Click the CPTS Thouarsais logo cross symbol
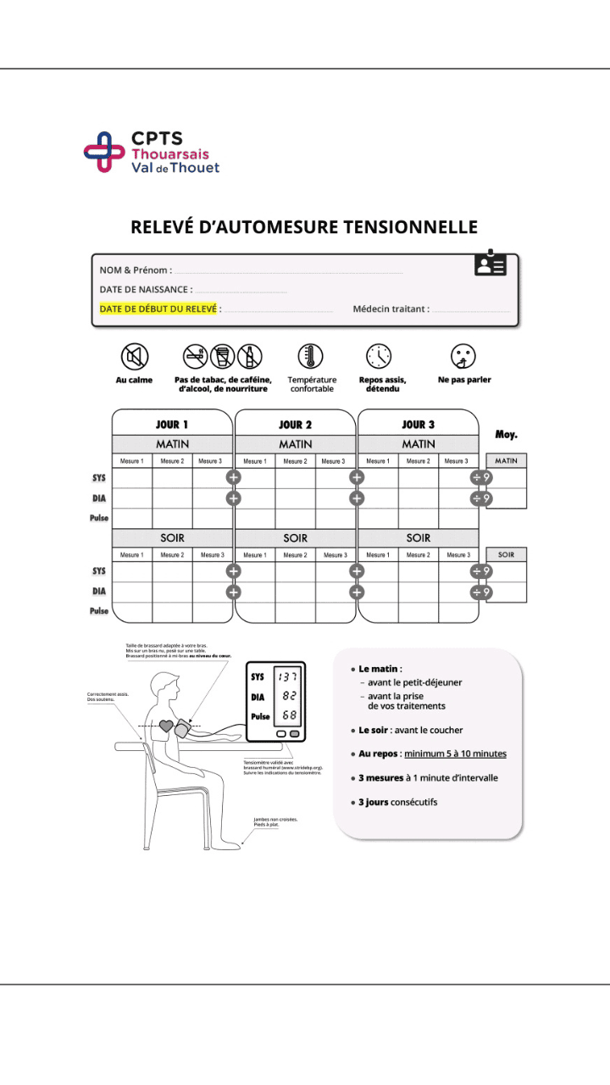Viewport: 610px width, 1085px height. pos(104,152)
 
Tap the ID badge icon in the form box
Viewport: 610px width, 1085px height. pos(490,264)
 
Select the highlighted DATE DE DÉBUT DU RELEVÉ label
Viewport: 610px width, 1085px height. pos(158,309)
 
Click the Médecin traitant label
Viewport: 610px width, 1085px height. pos(391,309)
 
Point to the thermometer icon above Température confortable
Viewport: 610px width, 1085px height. pos(311,355)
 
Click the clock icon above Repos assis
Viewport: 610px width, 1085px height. pos(379,355)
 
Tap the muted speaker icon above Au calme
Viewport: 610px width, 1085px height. pos(134,355)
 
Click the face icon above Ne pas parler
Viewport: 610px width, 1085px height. pos(463,355)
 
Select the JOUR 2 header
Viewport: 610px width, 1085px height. pos(295,425)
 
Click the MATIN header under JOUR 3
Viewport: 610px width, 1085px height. pos(419,444)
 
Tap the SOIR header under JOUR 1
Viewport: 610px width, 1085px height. pos(172,537)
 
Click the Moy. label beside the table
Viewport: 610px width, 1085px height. pos(506,435)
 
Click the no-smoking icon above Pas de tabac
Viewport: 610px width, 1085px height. pos(196,355)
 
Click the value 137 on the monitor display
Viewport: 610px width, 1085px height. pos(288,676)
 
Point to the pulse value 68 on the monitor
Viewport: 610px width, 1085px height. pos(289,715)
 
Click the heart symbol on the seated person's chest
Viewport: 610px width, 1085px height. pos(166,726)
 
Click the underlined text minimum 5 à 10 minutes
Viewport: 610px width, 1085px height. pos(455,754)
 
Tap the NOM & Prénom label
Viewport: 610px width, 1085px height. pos(136,270)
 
